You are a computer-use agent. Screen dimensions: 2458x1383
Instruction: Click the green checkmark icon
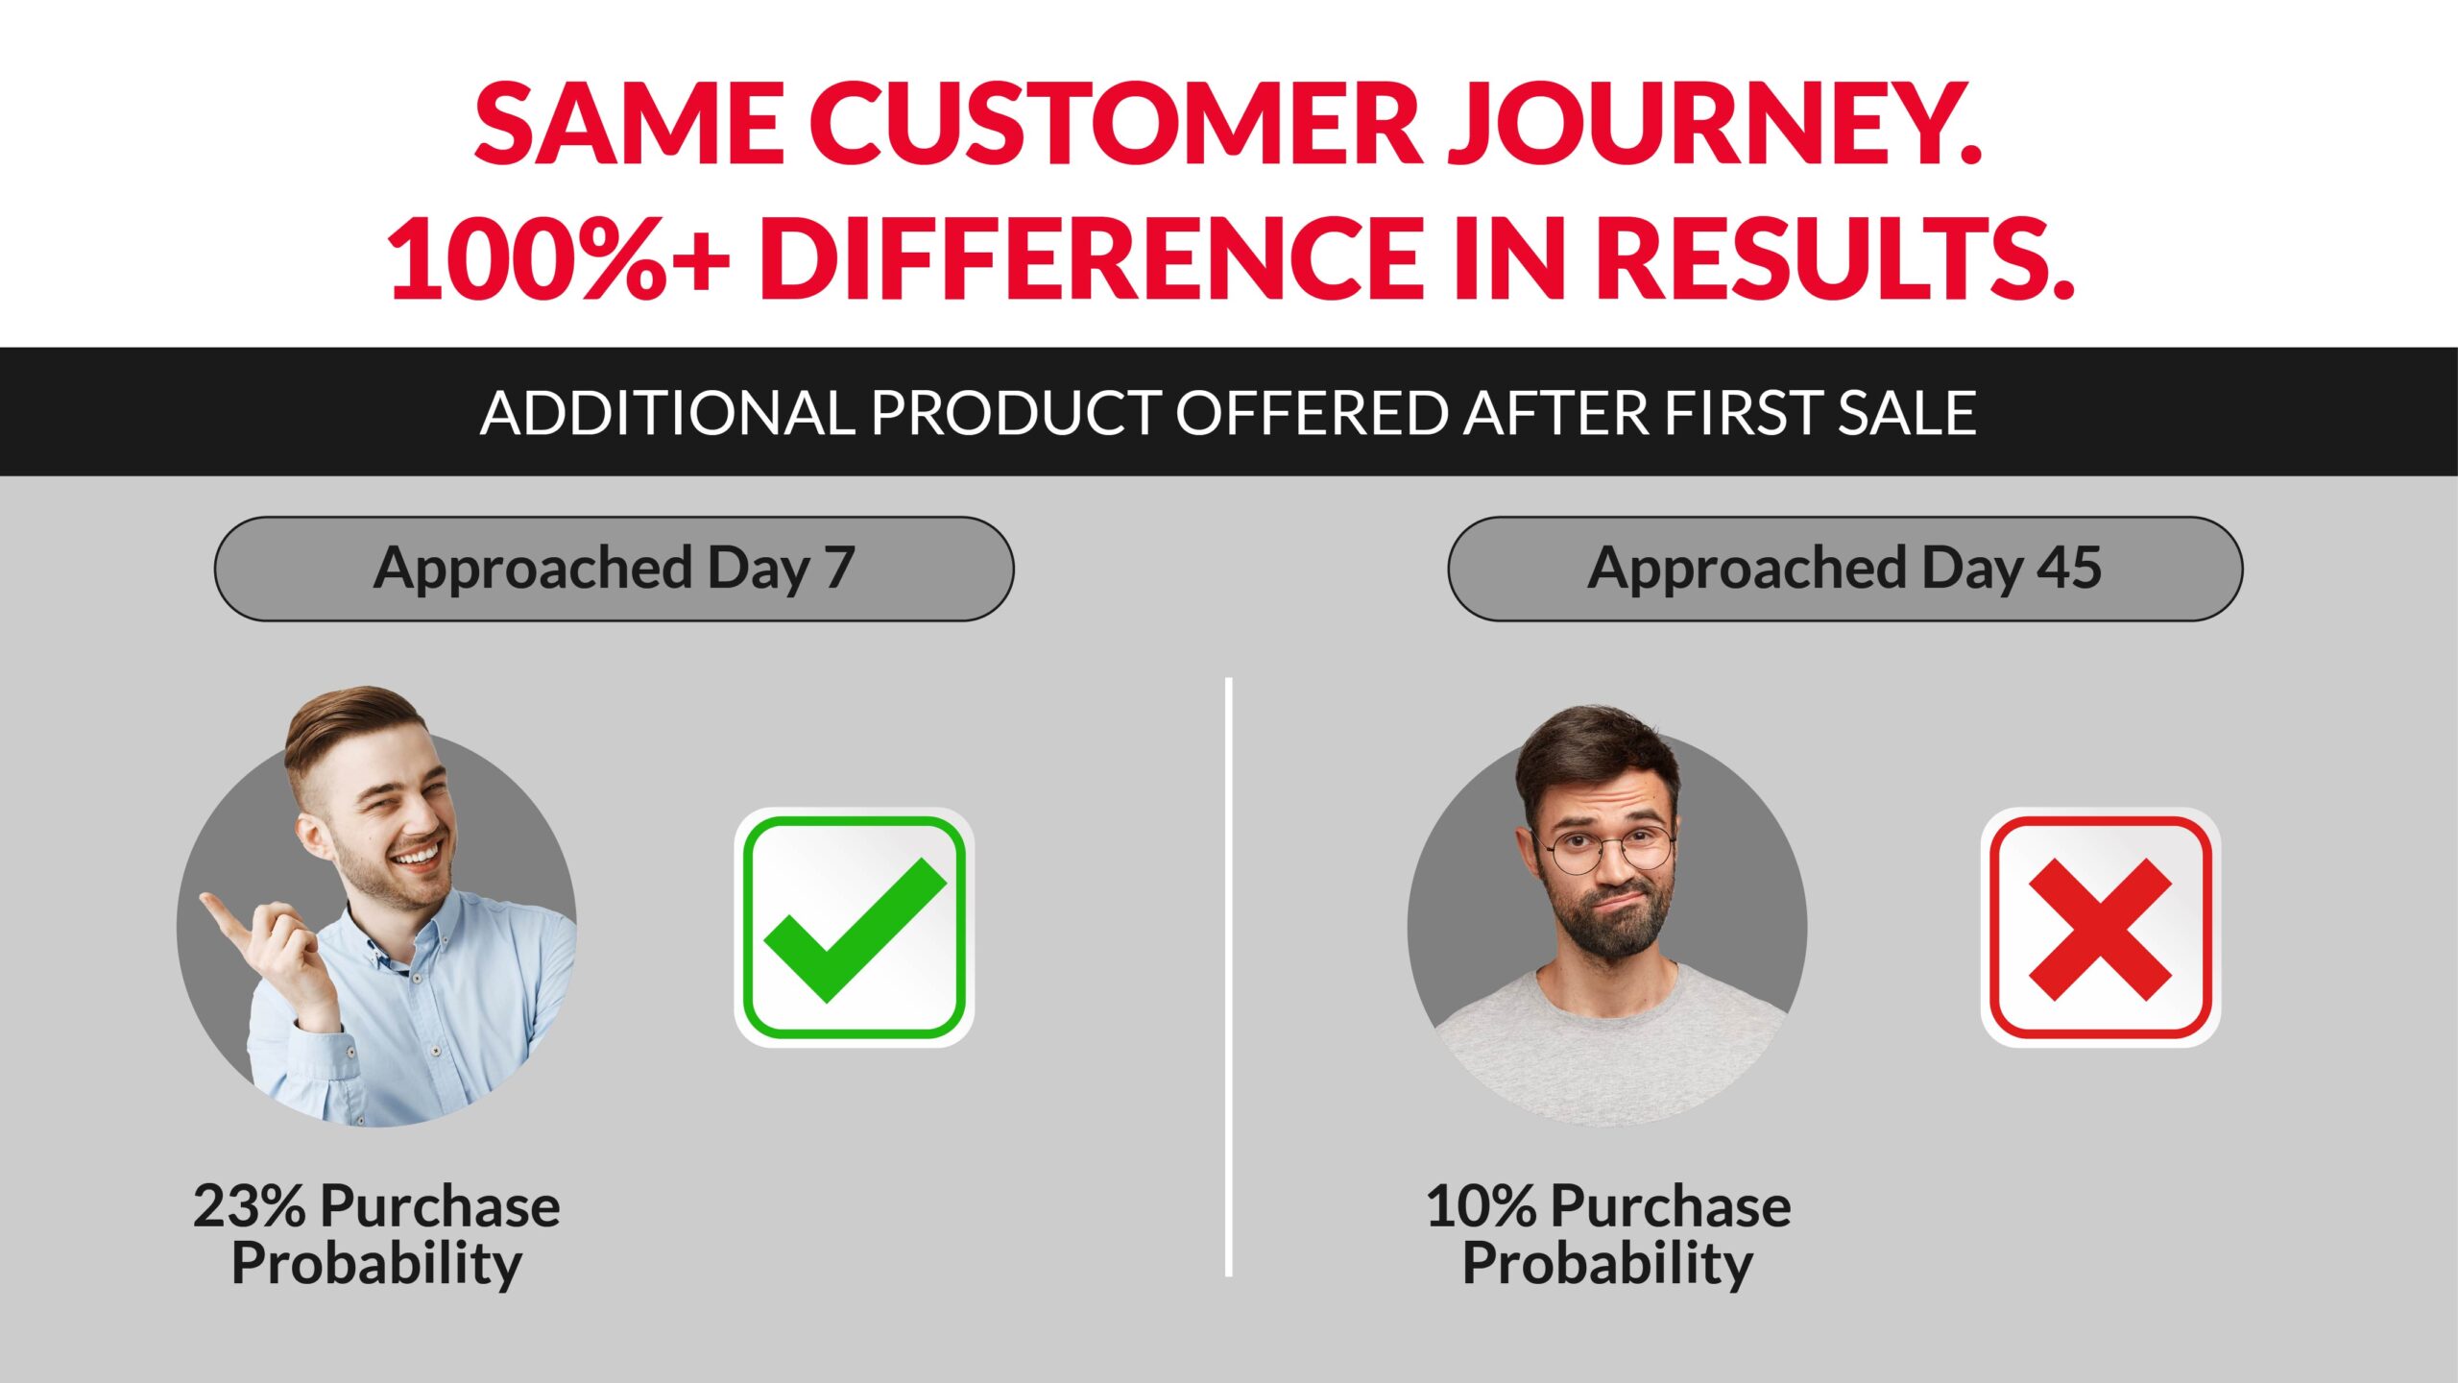[854, 928]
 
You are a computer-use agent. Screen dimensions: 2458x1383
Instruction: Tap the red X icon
[2100, 928]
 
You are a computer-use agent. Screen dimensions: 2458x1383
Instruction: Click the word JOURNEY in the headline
[1715, 124]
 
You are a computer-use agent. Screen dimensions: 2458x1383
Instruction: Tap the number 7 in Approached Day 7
[839, 568]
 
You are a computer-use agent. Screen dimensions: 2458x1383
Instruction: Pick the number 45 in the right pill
[2070, 568]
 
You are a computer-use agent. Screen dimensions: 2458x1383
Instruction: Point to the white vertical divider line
[1229, 977]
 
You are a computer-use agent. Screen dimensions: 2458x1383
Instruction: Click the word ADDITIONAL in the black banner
[667, 413]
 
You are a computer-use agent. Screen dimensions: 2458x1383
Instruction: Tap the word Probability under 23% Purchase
[376, 1263]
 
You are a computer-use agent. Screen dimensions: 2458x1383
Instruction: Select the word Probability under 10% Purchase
[1607, 1263]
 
